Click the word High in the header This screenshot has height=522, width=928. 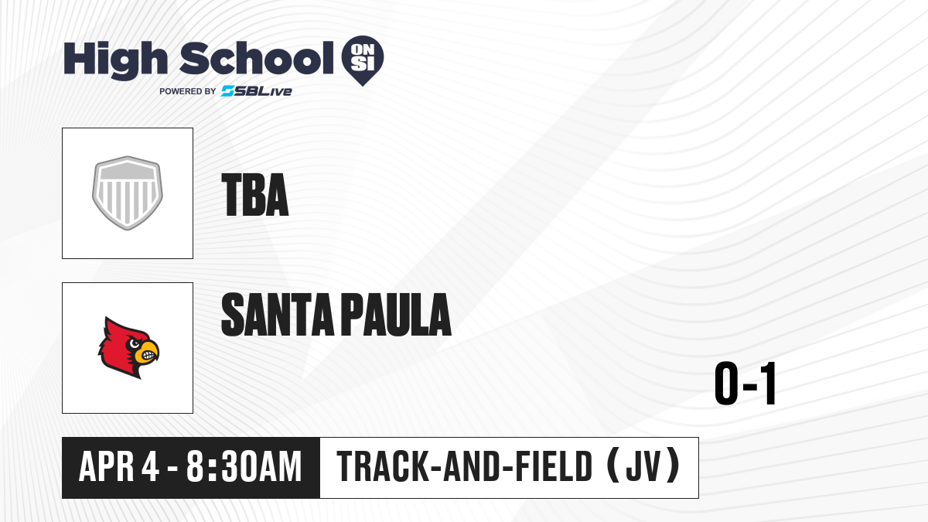pos(116,60)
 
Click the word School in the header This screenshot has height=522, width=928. pos(257,58)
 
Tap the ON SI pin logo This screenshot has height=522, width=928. pos(363,60)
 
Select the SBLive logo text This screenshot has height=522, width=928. pos(257,91)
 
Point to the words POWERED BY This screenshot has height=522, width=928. pos(188,91)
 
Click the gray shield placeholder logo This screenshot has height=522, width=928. pos(128,193)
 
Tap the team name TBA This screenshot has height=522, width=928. pos(254,195)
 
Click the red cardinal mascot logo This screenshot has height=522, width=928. pos(128,347)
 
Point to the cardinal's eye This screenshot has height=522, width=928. pos(135,343)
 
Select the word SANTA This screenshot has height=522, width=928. pos(278,315)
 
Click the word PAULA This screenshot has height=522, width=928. pos(397,315)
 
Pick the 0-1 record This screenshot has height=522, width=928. pos(745,384)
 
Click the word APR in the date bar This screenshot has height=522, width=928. pos(107,466)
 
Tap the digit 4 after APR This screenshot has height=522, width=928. pos(150,466)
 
